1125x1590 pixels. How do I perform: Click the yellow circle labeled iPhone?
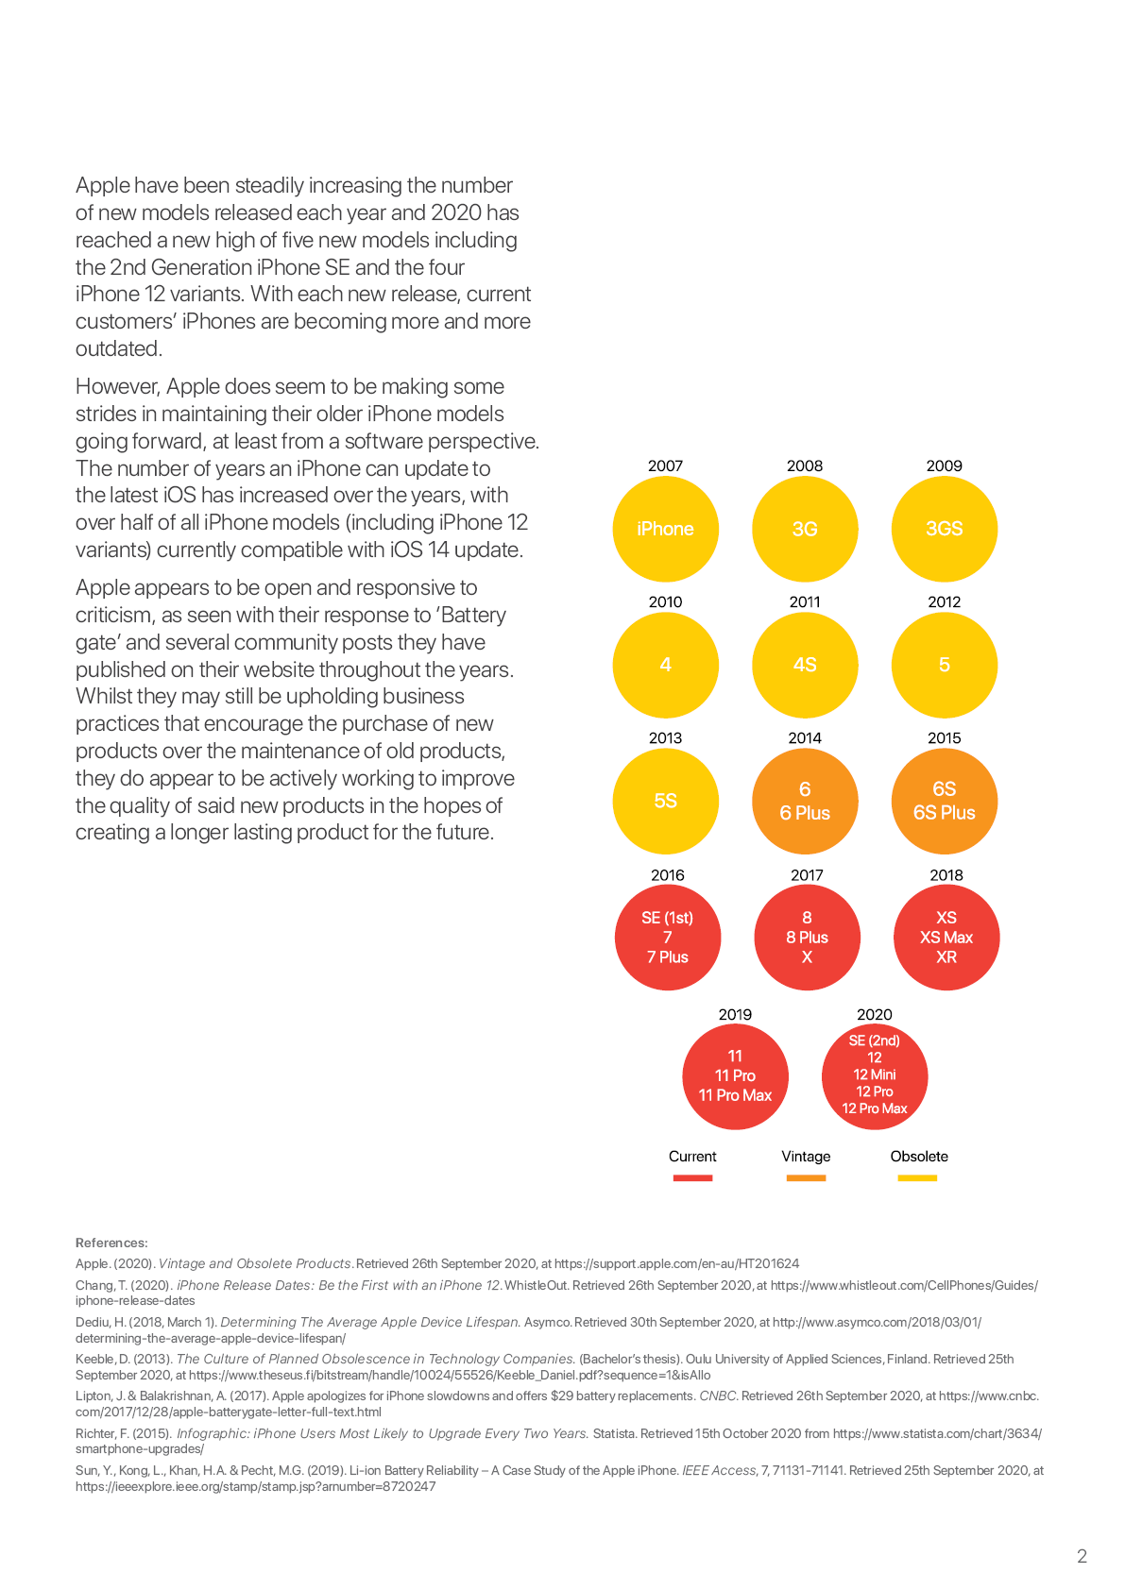pyautogui.click(x=665, y=529)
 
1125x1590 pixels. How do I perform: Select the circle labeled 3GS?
pyautogui.click(x=944, y=529)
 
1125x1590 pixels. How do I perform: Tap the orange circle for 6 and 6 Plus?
pyautogui.click(x=805, y=802)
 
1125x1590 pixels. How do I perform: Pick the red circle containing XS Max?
pyautogui.click(x=946, y=938)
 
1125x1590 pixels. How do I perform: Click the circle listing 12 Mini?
pyautogui.click(x=875, y=1076)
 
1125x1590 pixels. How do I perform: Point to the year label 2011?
pyautogui.click(x=805, y=602)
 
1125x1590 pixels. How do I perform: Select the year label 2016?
pyautogui.click(x=668, y=875)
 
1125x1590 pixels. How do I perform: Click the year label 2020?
pyautogui.click(x=875, y=1014)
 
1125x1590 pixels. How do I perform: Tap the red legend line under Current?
pyautogui.click(x=692, y=1178)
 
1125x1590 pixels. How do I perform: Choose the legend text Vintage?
pyautogui.click(x=806, y=1157)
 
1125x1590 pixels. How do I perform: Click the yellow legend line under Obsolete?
pyautogui.click(x=917, y=1178)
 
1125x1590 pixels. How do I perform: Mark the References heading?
pyautogui.click(x=111, y=1243)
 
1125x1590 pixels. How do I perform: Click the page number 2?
pyautogui.click(x=1082, y=1557)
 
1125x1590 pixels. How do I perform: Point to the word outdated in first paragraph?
pyautogui.click(x=119, y=348)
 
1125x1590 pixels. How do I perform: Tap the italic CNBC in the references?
pyautogui.click(x=718, y=1396)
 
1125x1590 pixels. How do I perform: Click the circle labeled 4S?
pyautogui.click(x=805, y=665)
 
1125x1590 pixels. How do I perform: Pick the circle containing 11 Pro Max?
pyautogui.click(x=735, y=1076)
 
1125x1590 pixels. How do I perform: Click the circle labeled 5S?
pyautogui.click(x=665, y=802)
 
